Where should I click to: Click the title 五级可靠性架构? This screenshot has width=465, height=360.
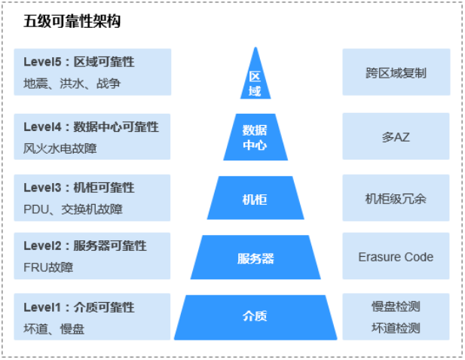(x=72, y=21)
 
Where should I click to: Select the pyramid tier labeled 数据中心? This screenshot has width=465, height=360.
(x=255, y=137)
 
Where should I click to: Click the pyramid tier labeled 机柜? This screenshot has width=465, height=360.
(x=255, y=199)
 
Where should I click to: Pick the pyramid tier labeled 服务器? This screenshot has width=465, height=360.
(x=255, y=258)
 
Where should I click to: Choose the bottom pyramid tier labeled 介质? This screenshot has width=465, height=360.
(x=255, y=316)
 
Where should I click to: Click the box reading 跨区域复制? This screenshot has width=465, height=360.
(x=396, y=73)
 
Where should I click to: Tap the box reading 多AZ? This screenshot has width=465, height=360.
(x=396, y=136)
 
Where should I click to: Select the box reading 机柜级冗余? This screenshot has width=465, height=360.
(x=396, y=198)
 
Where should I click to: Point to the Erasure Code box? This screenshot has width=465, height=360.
(x=396, y=257)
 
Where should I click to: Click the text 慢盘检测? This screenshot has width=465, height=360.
(x=396, y=307)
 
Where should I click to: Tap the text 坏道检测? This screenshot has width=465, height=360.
(x=396, y=328)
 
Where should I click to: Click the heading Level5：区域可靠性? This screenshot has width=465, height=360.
(x=79, y=62)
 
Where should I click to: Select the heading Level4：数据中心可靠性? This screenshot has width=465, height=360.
(x=91, y=127)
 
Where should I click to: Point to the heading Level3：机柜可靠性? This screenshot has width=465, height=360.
(x=79, y=188)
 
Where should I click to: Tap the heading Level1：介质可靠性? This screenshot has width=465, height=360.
(x=79, y=307)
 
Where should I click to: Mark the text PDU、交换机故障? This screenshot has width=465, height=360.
(x=72, y=209)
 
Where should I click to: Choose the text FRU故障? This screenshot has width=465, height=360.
(x=48, y=267)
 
